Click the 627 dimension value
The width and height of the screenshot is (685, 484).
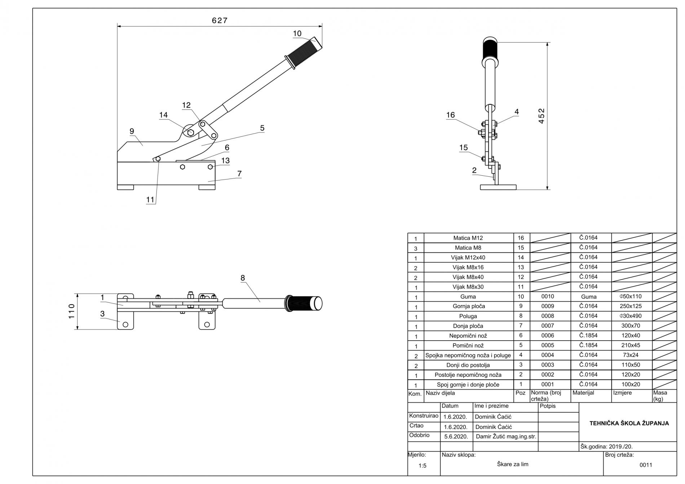[220, 21]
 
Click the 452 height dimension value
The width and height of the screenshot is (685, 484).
[541, 116]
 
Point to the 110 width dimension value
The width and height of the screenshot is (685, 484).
[71, 311]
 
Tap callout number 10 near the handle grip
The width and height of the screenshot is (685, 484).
[297, 33]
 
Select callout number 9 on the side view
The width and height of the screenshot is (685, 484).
[132, 131]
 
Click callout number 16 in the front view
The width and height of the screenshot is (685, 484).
[450, 115]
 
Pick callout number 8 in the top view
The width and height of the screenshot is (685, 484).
[243, 278]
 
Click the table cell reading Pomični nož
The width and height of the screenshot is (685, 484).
[468, 345]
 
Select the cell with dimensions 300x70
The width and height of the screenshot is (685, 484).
[631, 326]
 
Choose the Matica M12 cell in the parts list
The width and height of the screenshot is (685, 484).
[468, 238]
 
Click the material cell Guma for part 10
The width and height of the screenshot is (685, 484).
[588, 297]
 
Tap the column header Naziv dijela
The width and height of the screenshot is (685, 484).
[440, 393]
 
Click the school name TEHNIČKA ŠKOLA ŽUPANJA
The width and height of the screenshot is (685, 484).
[629, 423]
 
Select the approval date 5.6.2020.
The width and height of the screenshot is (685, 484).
[456, 436]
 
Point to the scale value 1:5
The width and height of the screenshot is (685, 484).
[422, 466]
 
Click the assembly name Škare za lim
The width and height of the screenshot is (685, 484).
[512, 464]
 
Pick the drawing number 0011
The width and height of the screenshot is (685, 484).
[646, 465]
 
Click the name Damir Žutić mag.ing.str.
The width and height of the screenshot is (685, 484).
[506, 436]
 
